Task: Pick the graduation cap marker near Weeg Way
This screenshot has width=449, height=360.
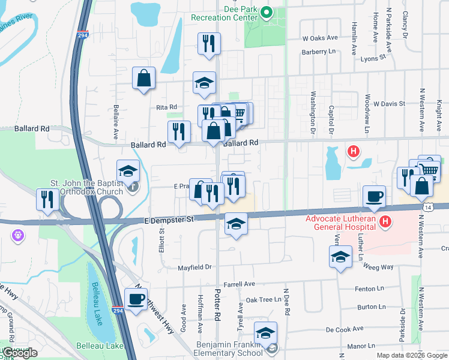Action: click(x=340, y=258)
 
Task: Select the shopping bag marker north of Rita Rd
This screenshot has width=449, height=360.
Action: click(x=144, y=78)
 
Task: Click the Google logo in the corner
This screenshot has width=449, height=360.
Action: click(x=20, y=353)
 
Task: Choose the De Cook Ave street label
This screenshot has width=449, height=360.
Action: click(x=345, y=329)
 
